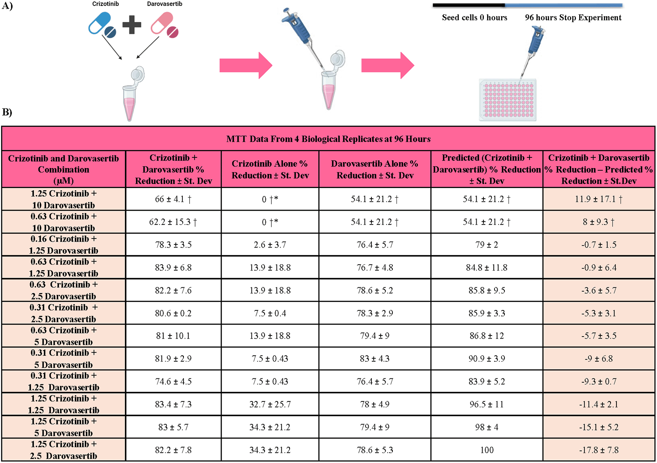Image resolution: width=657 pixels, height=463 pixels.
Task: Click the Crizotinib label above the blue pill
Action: pos(105,4)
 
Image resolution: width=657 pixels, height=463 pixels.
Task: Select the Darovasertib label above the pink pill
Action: pos(164,4)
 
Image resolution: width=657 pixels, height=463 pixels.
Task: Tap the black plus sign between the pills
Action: pos(132,25)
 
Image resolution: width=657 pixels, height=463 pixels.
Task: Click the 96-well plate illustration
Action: pos(508,100)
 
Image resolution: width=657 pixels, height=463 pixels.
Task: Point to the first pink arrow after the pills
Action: pos(246,66)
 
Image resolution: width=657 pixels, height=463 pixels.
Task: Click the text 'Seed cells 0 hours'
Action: pos(475,17)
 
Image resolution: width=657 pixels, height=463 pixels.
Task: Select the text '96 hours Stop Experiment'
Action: pos(573,17)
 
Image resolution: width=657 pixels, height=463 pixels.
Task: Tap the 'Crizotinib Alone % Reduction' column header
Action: pos(270,169)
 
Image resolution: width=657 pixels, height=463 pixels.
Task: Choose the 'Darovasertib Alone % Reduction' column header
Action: pos(375,169)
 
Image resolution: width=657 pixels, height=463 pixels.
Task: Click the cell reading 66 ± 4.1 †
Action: pos(173,199)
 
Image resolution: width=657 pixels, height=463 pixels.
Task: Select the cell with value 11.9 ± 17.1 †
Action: pos(599,199)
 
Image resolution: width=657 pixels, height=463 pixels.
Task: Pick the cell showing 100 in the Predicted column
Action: pos(487,450)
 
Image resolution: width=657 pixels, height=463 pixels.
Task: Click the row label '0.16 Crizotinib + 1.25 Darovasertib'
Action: pos(63,245)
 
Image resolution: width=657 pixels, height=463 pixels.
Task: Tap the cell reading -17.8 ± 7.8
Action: pos(599,450)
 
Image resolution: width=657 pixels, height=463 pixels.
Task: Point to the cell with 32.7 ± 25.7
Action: pos(270,404)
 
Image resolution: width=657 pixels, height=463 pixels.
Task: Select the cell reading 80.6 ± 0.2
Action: pos(173,313)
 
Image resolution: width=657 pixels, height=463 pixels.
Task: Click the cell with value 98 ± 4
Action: pos(487,427)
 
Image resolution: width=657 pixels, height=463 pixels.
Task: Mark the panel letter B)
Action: pos(7,112)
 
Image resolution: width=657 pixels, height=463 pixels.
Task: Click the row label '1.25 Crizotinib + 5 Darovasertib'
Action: pos(63,427)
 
